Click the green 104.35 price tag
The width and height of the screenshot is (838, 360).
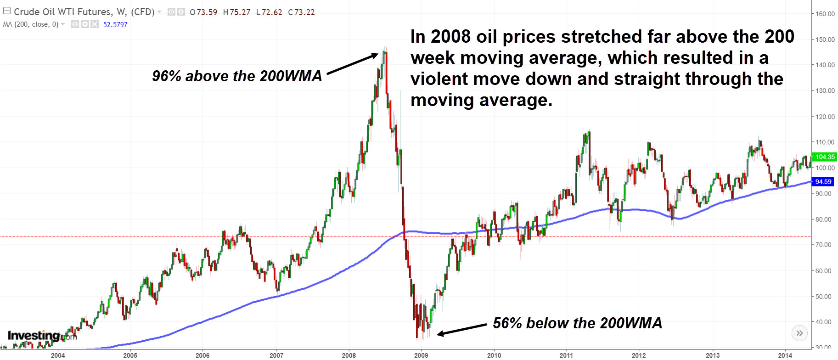824,157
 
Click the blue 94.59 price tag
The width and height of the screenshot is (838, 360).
824,182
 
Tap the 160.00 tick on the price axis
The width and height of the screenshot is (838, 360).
825,14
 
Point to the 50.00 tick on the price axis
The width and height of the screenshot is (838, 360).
823,297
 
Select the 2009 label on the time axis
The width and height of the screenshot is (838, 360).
421,355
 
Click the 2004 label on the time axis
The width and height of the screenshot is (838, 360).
58,355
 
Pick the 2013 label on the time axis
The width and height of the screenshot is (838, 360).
713,355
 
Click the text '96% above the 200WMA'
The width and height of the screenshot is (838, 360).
237,76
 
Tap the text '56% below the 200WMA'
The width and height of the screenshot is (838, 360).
577,323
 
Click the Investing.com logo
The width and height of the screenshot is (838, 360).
41,336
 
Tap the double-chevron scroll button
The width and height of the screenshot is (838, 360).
799,333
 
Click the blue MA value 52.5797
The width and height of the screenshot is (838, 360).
115,25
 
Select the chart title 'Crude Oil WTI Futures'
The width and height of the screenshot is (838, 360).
63,12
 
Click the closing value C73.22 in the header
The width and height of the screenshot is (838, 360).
302,12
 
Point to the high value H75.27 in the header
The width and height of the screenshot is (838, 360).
237,12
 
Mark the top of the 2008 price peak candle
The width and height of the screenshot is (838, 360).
385,47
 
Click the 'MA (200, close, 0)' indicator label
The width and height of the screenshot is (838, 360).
31,24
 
